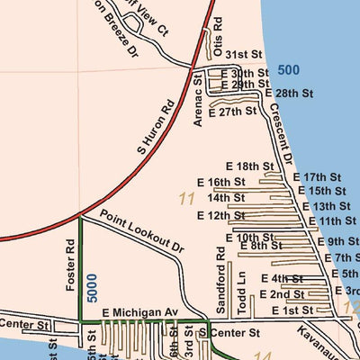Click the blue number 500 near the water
[x=289, y=70]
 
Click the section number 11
[x=187, y=198]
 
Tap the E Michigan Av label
[x=140, y=311]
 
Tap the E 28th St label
[x=288, y=93]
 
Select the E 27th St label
[x=233, y=112]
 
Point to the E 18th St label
[x=249, y=166]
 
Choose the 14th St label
[x=226, y=197]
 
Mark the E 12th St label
[x=232, y=216]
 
